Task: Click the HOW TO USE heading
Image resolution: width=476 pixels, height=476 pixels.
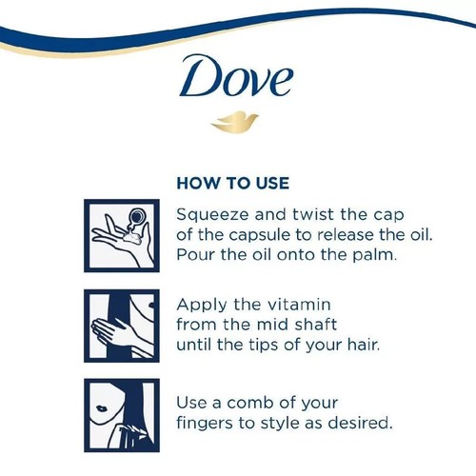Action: click(x=233, y=182)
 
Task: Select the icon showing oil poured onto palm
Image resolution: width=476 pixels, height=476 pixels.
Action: click(x=121, y=235)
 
